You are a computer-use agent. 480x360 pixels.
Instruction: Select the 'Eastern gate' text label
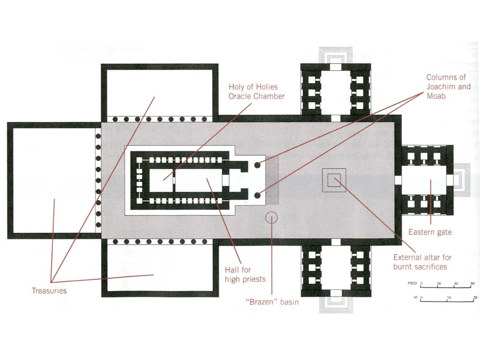pos(430,232)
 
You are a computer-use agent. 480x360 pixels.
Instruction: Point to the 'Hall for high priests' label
pos(245,275)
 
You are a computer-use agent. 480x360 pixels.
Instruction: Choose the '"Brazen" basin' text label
pos(272,302)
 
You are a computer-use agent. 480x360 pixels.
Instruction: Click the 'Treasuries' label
pos(49,291)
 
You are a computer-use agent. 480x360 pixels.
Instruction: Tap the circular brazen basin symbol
pos(271,217)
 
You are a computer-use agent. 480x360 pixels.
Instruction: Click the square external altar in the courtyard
pos(334,180)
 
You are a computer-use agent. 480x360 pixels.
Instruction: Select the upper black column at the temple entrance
pos(257,165)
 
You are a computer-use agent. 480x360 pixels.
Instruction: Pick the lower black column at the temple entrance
pos(257,195)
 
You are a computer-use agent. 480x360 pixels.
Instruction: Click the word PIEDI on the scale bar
pos(412,284)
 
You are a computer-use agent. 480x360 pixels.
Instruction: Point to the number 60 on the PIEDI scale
pos(472,284)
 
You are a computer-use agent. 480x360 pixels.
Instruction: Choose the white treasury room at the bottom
pos(159,269)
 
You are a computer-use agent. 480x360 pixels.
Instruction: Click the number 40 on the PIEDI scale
pos(455,284)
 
